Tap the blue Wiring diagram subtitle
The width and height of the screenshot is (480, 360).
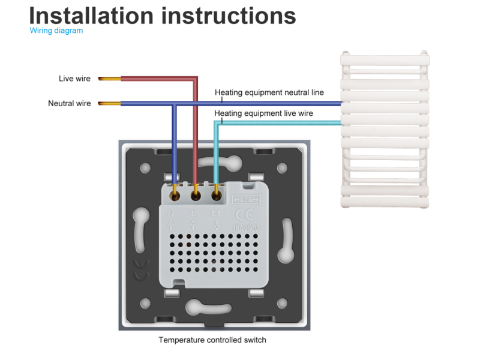[56, 31]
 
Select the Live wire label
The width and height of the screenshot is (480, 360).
[74, 79]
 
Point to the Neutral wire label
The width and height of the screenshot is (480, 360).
[70, 103]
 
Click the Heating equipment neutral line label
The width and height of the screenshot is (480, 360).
[269, 92]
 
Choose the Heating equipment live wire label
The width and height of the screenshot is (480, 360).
[263, 113]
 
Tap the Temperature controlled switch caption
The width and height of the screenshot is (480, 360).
[212, 340]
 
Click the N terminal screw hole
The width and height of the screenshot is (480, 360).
[175, 194]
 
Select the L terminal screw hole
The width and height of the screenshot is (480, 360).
[196, 194]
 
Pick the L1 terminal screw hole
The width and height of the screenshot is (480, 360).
[216, 194]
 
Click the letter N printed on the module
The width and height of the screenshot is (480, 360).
[171, 214]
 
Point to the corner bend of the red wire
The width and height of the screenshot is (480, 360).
[195, 79]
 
